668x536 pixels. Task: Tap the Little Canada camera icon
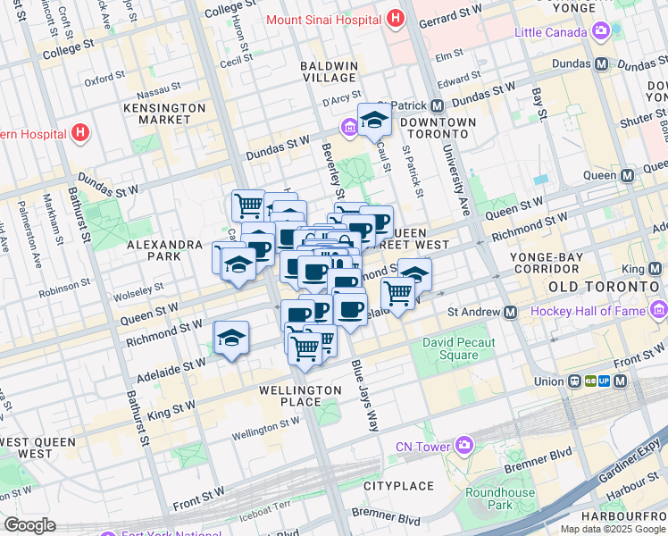tap(601, 32)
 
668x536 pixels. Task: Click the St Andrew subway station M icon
tap(510, 313)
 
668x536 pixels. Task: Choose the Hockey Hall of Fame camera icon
tap(659, 311)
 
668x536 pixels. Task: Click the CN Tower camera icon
tap(463, 445)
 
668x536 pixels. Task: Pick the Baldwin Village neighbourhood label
tap(330, 72)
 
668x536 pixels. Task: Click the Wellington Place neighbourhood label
tap(300, 396)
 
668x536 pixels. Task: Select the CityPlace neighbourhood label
tap(397, 485)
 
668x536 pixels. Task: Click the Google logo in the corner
tap(29, 525)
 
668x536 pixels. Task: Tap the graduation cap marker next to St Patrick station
tap(375, 120)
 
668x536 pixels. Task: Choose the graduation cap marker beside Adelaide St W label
tap(231, 338)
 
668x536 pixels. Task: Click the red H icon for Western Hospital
tap(80, 134)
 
